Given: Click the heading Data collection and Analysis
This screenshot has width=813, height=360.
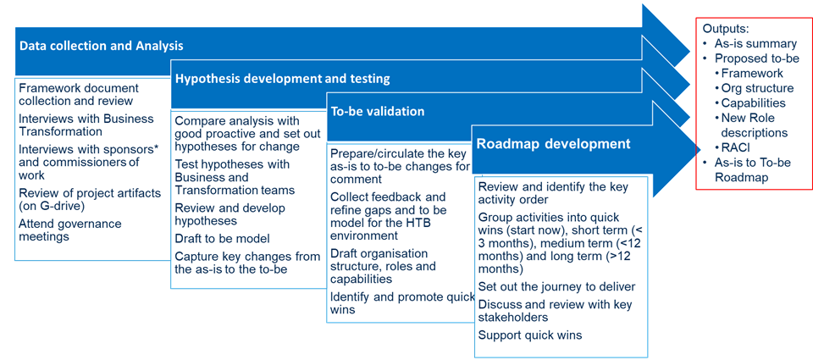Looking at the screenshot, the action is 101,47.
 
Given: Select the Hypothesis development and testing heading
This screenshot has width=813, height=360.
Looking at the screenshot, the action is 283,79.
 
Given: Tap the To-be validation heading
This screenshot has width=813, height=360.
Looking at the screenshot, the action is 378,111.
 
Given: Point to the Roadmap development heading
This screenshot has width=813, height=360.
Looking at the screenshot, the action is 554,143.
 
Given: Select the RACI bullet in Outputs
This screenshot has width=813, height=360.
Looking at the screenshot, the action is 736,147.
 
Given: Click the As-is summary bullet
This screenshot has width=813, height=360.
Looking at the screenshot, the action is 749,43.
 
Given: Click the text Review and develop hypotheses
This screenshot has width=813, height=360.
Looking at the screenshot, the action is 230,214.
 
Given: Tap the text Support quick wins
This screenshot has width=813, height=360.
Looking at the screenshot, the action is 530,335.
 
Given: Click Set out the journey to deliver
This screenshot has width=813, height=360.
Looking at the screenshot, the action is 557,286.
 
